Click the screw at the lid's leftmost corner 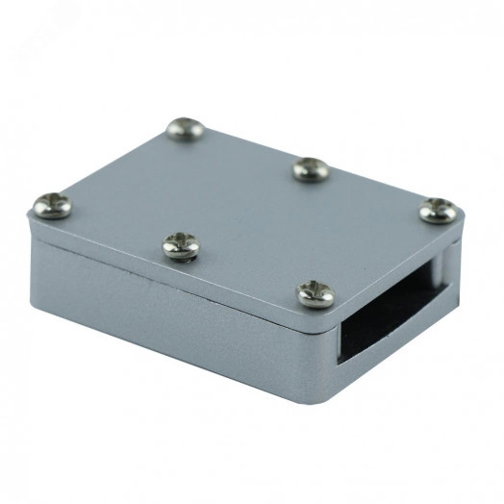click(x=52, y=205)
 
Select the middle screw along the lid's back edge click(x=311, y=168)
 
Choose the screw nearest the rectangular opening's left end click(x=315, y=293)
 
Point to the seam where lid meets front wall click(x=173, y=275)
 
